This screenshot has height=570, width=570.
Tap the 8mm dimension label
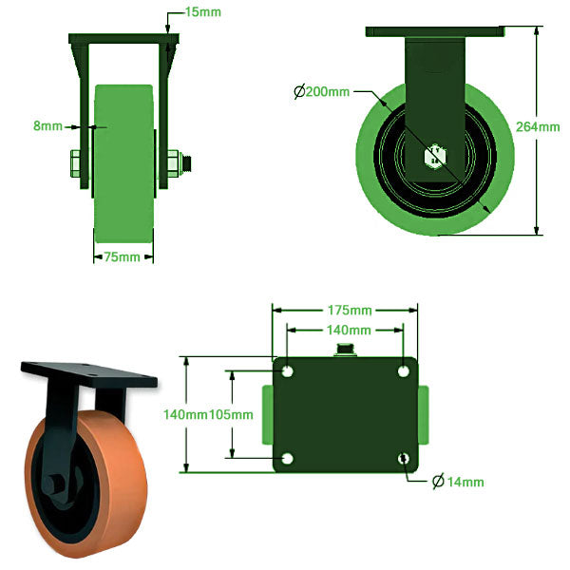[47, 125]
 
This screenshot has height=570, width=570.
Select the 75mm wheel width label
[123, 257]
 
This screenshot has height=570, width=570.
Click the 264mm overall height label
[538, 126]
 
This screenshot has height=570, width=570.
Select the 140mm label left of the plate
[185, 414]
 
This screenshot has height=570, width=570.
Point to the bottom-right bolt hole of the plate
[405, 460]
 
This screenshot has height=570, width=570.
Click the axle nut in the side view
[437, 155]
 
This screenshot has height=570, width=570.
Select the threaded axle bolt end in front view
[190, 161]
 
